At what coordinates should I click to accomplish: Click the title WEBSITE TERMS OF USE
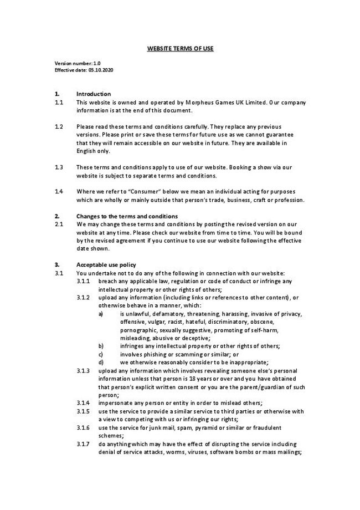(180, 49)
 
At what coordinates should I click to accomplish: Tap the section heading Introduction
(93, 94)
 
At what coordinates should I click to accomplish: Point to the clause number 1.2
(59, 126)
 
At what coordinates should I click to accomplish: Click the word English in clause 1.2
(86, 151)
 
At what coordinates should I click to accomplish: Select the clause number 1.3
(59, 167)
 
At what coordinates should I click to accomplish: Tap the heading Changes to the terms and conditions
(127, 216)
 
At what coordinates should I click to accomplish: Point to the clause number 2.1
(59, 224)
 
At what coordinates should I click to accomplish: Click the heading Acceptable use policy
(106, 264)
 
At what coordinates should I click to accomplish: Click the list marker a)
(101, 314)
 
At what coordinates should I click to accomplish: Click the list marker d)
(101, 363)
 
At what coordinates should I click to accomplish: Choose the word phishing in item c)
(151, 354)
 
